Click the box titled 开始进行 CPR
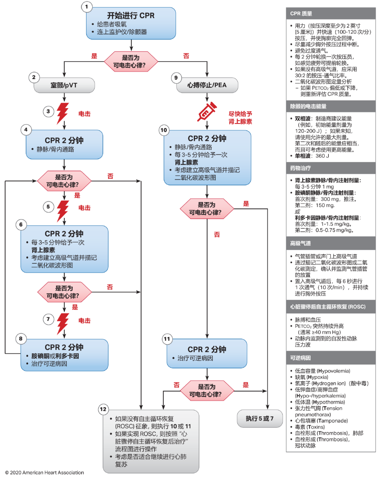point(131,23)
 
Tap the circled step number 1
point(87,7)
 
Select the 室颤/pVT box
point(64,85)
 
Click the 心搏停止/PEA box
point(207,85)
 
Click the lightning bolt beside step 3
point(63,113)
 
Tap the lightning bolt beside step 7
point(63,323)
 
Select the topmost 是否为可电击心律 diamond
point(131,61)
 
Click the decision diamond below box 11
point(207,390)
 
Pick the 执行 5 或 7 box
point(260,418)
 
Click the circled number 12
point(103,409)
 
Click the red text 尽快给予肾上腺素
point(240,118)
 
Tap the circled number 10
point(164,130)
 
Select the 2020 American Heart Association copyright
point(44,472)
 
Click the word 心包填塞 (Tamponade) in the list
point(321,421)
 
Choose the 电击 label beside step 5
point(84,208)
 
